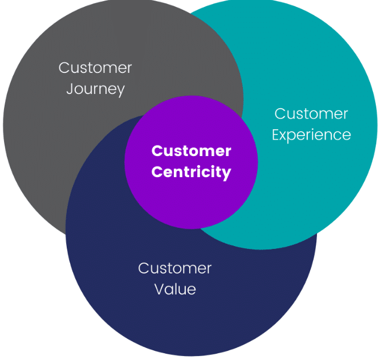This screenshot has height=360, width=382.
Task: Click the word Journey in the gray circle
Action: [x=95, y=89]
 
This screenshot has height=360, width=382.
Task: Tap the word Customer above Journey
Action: [x=95, y=68]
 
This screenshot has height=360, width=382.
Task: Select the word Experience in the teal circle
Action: [x=311, y=136]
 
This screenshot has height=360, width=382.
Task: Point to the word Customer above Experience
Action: [x=311, y=114]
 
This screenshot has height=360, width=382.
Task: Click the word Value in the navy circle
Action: [x=175, y=289]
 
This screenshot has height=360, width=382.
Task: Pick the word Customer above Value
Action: [x=175, y=268]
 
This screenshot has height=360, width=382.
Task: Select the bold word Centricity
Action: [x=191, y=173]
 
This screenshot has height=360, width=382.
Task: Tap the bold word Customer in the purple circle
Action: [x=191, y=151]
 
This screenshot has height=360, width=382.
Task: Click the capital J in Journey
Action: [x=69, y=89]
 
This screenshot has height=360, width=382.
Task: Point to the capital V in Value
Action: [x=159, y=289]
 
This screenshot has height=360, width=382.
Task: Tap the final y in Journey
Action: [x=120, y=91]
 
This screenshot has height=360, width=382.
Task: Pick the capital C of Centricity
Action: [x=157, y=172]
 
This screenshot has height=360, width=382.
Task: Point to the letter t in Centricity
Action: [x=186, y=172]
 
